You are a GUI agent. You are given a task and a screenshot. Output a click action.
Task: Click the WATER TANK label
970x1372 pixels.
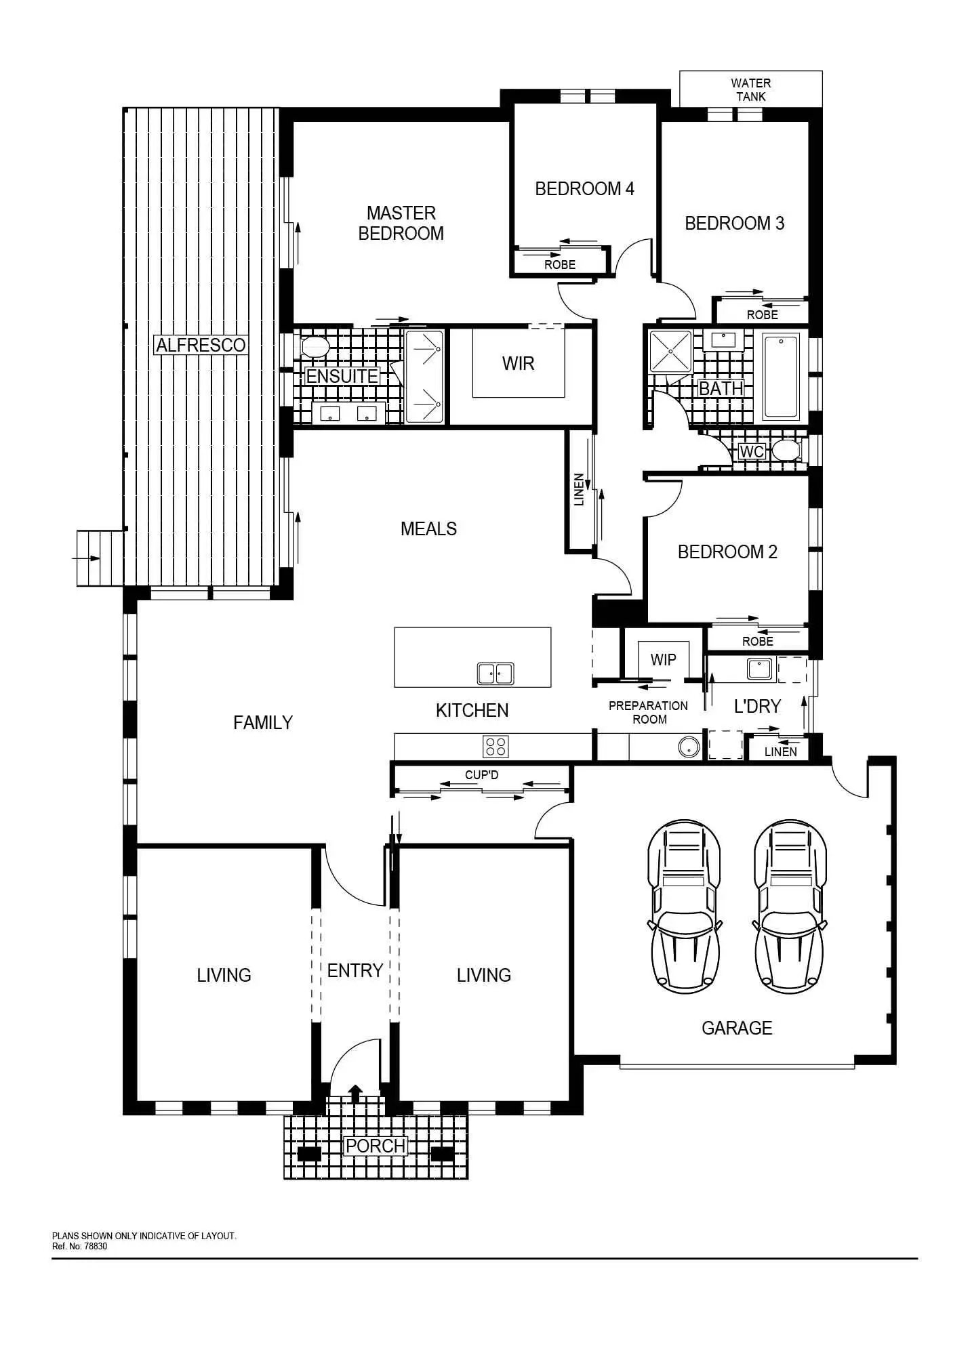(x=750, y=89)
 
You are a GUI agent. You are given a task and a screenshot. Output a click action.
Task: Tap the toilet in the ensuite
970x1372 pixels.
(x=315, y=347)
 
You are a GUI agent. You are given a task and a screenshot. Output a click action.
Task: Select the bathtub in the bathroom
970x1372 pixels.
(x=781, y=376)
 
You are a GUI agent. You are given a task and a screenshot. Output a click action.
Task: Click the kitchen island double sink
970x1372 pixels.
(x=495, y=673)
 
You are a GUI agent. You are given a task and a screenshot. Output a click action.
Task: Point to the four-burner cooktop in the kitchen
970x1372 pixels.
(x=496, y=746)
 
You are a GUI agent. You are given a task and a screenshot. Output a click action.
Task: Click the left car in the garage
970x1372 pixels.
(x=683, y=907)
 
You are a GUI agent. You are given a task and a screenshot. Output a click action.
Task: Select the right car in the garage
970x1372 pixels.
(x=790, y=907)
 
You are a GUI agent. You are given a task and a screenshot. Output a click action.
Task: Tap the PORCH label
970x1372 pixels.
(x=376, y=1146)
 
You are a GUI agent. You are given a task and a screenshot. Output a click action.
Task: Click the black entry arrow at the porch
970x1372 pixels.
(x=355, y=1093)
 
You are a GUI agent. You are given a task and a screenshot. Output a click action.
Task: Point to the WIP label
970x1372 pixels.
(x=663, y=659)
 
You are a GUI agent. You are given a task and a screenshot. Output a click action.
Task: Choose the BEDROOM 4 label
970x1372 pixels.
(x=584, y=188)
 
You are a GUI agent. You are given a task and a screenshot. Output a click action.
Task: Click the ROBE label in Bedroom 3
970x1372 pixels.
(x=762, y=314)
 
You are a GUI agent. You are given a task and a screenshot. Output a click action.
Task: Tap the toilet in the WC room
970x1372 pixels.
(x=786, y=450)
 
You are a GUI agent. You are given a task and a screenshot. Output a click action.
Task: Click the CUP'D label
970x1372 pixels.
(x=481, y=774)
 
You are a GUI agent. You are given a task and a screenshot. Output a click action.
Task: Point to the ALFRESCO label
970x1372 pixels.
(x=201, y=345)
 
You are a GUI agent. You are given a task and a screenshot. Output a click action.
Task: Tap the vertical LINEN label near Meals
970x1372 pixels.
(x=579, y=489)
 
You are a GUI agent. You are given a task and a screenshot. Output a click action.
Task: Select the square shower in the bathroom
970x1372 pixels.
(x=670, y=352)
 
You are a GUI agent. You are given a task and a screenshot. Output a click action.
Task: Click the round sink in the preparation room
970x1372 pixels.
(x=687, y=748)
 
